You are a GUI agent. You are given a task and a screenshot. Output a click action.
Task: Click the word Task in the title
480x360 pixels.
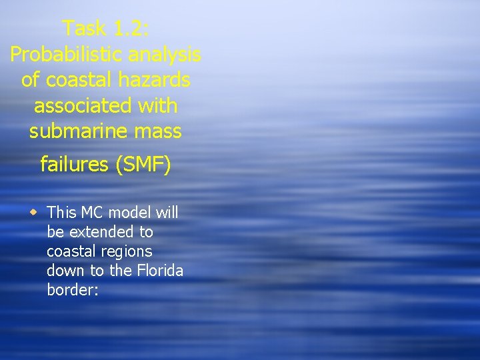click(x=83, y=28)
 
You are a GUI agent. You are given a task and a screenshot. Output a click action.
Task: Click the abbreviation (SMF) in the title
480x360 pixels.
click(x=143, y=164)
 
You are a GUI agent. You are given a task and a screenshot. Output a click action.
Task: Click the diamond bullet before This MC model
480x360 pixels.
click(x=33, y=212)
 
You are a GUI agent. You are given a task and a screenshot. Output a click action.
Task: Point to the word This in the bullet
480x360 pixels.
click(x=62, y=213)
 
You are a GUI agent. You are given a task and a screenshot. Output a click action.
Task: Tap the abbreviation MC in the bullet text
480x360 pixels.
click(x=92, y=213)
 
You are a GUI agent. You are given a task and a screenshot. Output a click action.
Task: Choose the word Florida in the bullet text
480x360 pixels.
click(x=159, y=271)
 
